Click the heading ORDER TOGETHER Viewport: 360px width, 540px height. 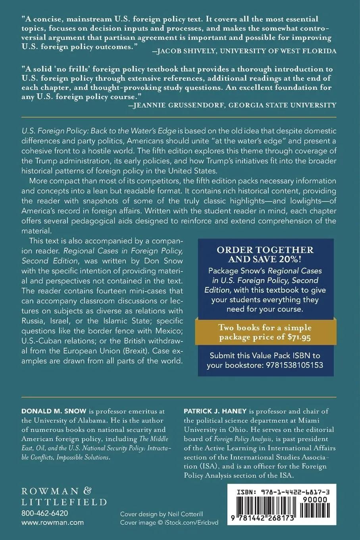pyautogui.click(x=265, y=250)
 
